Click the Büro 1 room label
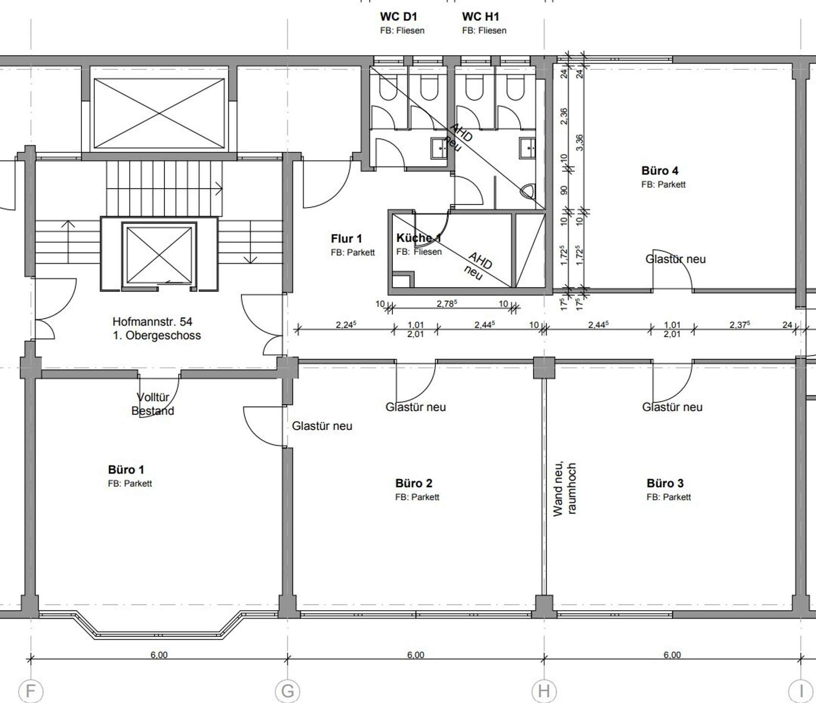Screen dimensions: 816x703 [x=126, y=470]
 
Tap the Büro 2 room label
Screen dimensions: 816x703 [x=414, y=483]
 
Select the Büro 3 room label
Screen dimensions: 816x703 [x=665, y=483]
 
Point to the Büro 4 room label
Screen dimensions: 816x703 [x=660, y=171]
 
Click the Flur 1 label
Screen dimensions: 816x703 [x=347, y=239]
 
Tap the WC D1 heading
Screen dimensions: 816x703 [x=399, y=17]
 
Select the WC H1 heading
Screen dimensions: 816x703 [x=481, y=17]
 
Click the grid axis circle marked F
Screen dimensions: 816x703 [x=31, y=691]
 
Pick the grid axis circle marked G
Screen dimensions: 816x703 [x=287, y=691]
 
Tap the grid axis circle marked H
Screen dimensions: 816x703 [x=544, y=691]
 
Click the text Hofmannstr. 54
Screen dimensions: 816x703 [x=152, y=322]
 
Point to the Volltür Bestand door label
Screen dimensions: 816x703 [x=153, y=404]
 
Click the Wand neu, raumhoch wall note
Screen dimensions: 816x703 [x=565, y=489]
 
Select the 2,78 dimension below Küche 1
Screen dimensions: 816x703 [x=447, y=304]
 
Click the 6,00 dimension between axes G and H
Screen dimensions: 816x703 [x=416, y=655]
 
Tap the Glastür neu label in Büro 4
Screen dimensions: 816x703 [x=675, y=259]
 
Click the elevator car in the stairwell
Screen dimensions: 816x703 [x=159, y=254]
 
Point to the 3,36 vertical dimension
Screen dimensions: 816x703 [x=579, y=143]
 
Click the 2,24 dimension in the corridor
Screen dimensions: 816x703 [x=346, y=325]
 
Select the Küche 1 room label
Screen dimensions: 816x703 [x=419, y=238]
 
